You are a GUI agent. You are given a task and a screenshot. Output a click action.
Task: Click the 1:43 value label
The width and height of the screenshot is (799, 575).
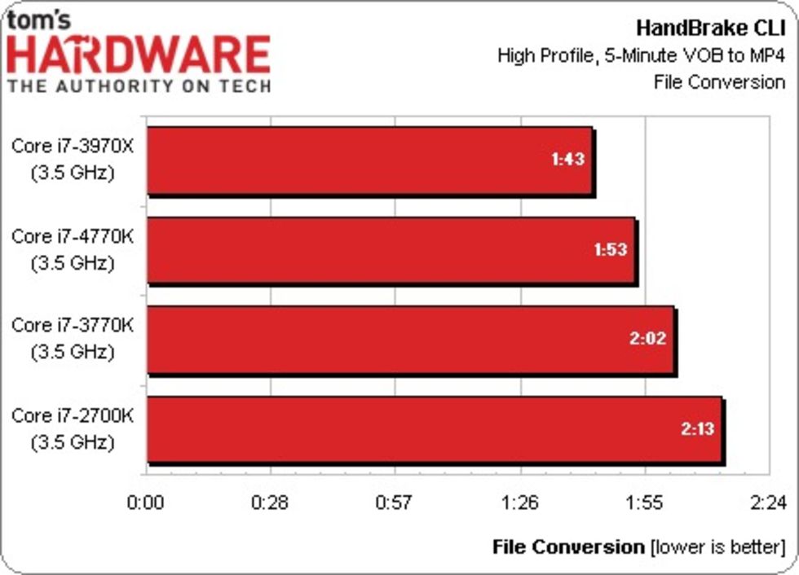coord(567,159)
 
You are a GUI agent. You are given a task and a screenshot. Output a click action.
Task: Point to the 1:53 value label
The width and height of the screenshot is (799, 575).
coord(610,248)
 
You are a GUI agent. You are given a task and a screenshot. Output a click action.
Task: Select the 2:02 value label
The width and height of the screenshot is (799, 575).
coord(648,338)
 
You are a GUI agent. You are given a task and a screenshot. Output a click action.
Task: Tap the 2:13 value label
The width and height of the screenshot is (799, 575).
coord(697,428)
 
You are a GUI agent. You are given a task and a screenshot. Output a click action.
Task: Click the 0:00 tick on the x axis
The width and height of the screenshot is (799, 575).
coord(147,503)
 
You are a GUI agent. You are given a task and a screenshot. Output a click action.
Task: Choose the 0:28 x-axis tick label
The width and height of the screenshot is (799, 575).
coord(271,503)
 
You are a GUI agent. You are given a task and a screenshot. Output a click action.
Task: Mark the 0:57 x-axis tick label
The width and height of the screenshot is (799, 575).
coord(395,503)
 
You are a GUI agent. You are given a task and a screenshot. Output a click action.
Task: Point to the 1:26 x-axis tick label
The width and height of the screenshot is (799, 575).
coord(520,503)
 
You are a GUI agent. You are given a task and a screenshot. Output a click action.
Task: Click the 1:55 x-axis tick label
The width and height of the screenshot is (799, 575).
coord(645,503)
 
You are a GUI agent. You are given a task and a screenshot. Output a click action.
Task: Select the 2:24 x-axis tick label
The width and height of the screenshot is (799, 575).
coord(769,503)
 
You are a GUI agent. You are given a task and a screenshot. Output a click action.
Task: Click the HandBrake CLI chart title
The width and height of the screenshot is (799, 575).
coord(710,29)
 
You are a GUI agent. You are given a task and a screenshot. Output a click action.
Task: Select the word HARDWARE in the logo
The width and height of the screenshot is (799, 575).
coord(139,55)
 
